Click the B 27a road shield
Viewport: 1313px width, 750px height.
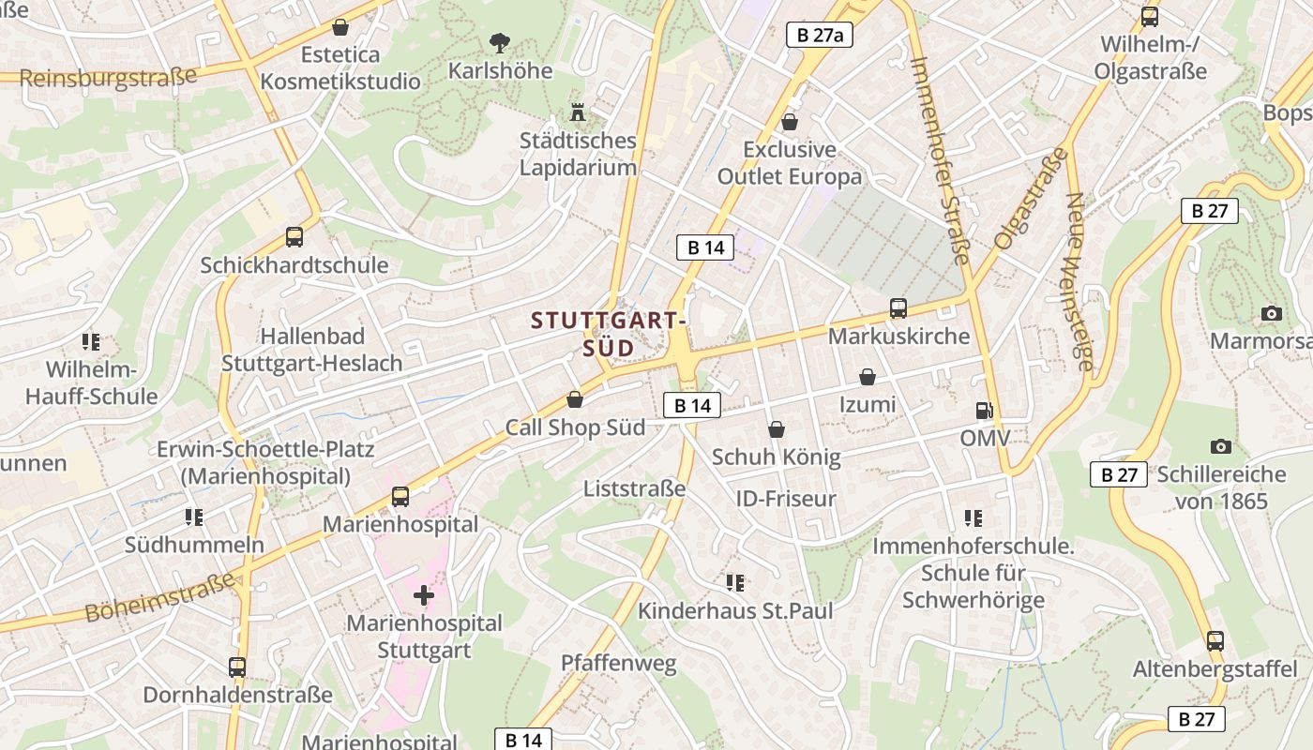tap(819, 36)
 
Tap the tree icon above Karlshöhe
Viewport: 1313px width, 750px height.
tap(500, 42)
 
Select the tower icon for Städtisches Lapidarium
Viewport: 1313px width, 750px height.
tap(578, 112)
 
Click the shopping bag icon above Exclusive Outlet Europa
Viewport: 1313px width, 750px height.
tap(790, 122)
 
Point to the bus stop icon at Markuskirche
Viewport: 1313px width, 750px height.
tap(898, 307)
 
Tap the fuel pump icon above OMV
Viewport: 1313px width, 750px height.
tap(983, 410)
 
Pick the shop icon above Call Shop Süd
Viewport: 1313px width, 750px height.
tap(575, 399)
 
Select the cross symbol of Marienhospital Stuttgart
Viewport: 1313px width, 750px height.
tap(424, 594)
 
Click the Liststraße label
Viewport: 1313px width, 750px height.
tap(634, 488)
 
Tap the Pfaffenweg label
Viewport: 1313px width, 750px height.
tap(618, 664)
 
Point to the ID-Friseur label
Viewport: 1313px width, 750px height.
tap(786, 498)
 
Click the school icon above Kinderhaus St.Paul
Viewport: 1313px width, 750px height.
tap(735, 583)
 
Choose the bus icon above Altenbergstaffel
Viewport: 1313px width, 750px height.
tap(1215, 641)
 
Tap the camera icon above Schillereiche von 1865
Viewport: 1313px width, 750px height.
tap(1220, 446)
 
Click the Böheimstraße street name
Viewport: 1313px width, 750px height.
tap(159, 597)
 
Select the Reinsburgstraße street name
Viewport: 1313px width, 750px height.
tap(108, 77)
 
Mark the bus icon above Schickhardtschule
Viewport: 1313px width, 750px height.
tap(294, 237)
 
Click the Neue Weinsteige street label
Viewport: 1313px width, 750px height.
tap(1079, 281)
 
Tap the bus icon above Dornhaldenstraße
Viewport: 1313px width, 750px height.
tap(237, 667)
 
